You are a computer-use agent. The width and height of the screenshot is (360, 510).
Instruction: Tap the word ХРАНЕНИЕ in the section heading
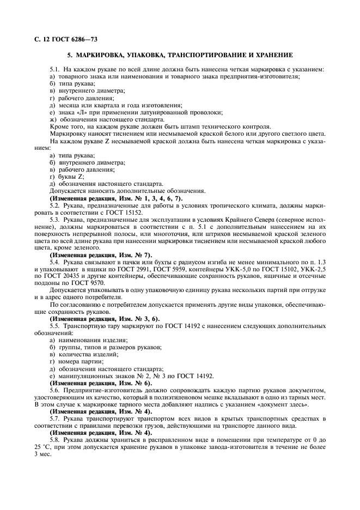tap(271, 56)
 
